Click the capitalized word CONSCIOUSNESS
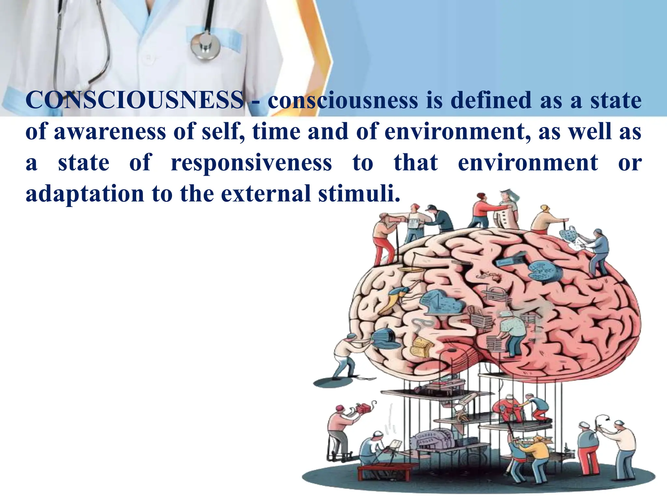click(135, 100)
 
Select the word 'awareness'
click(110, 132)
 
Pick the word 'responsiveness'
click(251, 163)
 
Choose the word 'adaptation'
click(85, 194)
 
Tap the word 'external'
click(266, 194)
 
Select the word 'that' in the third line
click(416, 163)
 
